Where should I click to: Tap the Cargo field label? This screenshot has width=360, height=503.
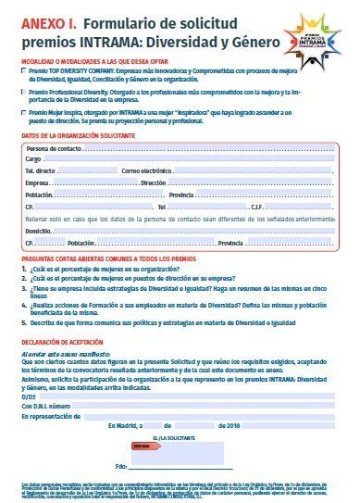pyautogui.click(x=36, y=160)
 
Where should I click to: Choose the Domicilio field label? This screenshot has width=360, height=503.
pyautogui.click(x=39, y=230)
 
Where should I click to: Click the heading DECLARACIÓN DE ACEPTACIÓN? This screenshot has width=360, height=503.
pyautogui.click(x=67, y=343)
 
